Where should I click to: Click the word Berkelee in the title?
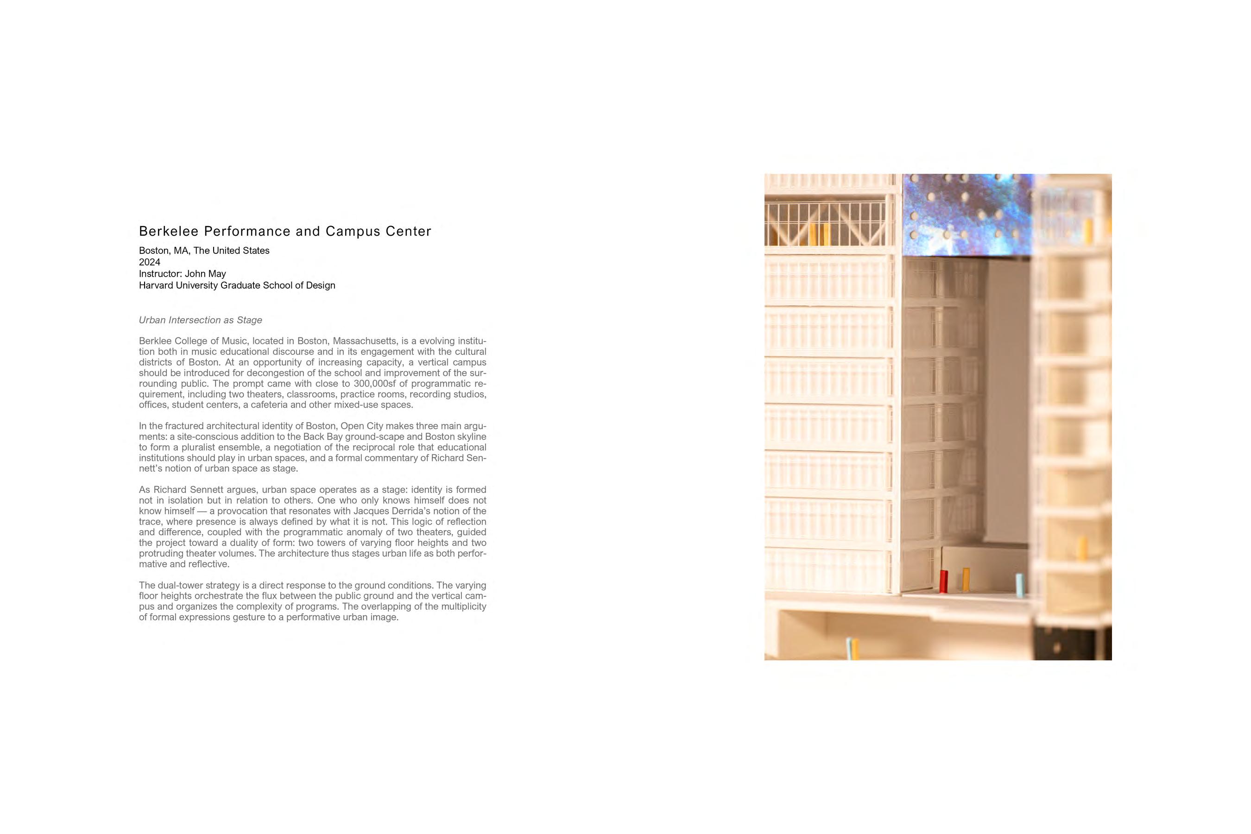[x=169, y=231]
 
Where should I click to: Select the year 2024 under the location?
[x=150, y=262]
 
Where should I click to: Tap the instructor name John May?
[x=205, y=274]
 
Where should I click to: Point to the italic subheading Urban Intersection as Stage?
[x=201, y=320]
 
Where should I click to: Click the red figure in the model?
[x=943, y=581]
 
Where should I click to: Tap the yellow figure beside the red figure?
[x=966, y=579]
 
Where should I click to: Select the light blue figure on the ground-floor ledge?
[x=1019, y=585]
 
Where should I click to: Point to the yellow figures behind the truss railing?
[x=819, y=234]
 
